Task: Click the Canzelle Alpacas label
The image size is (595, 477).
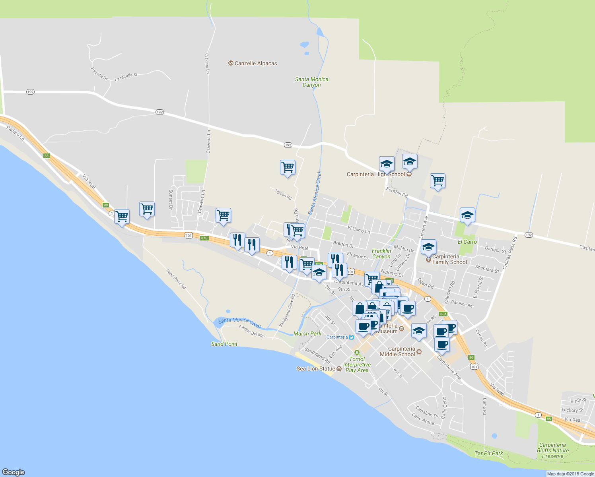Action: coord(256,64)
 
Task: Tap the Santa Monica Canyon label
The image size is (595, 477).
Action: coord(311,82)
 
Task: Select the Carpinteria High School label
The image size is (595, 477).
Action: coord(376,174)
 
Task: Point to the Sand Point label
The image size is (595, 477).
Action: coord(224,344)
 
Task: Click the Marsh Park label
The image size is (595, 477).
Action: coord(307,334)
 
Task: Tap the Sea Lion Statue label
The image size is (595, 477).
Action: coord(316,368)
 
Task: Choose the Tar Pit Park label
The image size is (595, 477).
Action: coord(489,453)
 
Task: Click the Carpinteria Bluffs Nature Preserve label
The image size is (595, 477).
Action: coord(552,450)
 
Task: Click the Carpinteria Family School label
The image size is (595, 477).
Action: coord(449,259)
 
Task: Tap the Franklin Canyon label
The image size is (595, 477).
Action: coord(381,254)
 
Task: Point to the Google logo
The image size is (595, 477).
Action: coord(13,472)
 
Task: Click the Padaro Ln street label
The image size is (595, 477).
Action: coord(16,133)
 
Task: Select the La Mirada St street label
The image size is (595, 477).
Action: coord(126,77)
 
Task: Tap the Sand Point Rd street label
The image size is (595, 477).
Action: coord(176,279)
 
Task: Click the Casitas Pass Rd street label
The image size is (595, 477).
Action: coord(509,253)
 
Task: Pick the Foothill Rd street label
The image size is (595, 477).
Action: coord(397,193)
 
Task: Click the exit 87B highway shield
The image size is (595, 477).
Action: coord(204,238)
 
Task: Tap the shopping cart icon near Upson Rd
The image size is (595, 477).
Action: coord(287,167)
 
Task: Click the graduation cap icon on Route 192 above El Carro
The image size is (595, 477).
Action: coord(467,215)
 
